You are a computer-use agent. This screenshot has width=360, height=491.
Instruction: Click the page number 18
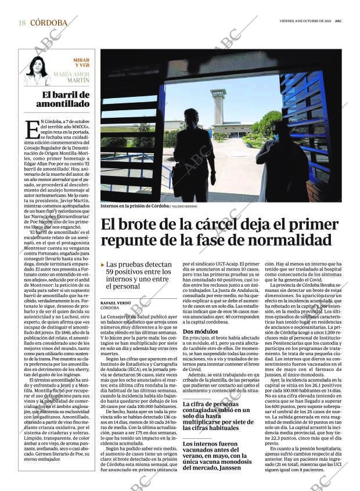coord(21,23)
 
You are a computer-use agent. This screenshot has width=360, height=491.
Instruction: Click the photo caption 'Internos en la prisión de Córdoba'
coord(134,206)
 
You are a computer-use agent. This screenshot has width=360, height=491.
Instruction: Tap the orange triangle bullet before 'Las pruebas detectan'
coord(103,265)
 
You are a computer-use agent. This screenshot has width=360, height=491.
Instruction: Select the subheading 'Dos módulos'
coord(200,332)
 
